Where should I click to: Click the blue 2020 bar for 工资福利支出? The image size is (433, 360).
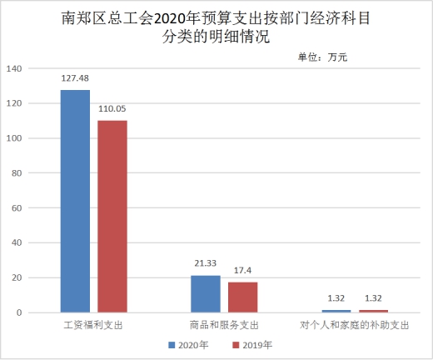click(75, 201)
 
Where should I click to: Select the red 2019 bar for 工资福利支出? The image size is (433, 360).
click(112, 217)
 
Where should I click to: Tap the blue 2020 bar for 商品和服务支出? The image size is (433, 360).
click(206, 294)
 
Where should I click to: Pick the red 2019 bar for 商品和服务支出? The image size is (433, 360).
click(243, 297)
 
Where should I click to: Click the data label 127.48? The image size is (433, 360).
click(75, 78)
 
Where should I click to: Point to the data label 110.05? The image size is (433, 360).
click(112, 108)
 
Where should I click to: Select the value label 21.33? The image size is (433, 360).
click(206, 263)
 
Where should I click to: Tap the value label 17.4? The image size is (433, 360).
click(242, 270)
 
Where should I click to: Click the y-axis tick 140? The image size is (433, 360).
click(14, 68)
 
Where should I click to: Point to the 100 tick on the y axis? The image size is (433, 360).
click(14, 138)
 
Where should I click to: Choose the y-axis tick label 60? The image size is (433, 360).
click(17, 208)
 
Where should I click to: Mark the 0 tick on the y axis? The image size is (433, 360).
click(19, 312)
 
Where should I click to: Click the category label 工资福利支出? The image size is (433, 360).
click(93, 325)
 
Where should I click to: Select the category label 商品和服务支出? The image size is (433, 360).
click(224, 325)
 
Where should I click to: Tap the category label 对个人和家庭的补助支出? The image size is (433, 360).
click(355, 325)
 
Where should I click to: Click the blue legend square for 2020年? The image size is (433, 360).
click(172, 345)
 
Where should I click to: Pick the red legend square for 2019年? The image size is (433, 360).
click(236, 345)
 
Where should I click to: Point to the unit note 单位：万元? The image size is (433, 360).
click(323, 57)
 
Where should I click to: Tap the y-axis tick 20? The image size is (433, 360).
click(17, 277)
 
